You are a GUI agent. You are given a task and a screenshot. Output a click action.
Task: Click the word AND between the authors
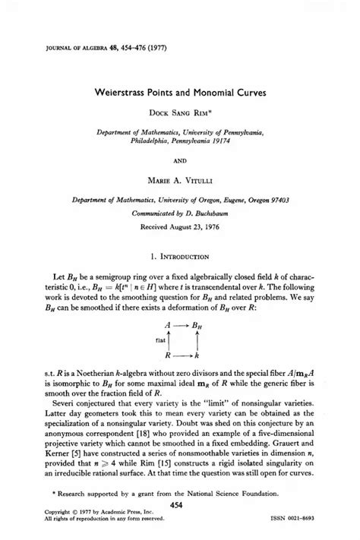[180, 160]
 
